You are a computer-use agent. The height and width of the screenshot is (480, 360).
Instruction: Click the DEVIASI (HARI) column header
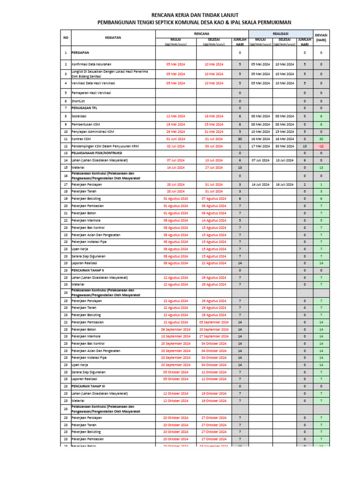tap(321, 38)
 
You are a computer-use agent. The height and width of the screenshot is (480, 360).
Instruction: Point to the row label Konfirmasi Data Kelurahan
tap(92, 64)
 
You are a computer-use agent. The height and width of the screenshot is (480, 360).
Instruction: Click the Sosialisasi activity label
tap(79, 116)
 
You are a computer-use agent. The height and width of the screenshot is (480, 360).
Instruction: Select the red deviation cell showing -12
tap(321, 146)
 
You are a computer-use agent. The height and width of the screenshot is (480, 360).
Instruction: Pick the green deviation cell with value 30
tap(321, 139)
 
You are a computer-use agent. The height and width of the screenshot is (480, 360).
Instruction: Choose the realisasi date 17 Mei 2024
tap(260, 146)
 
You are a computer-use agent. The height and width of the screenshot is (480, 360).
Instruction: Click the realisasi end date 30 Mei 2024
tap(284, 146)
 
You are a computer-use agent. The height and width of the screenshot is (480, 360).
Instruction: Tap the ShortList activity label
tap(78, 101)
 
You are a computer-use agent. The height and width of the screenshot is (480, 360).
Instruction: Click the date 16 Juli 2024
tap(284, 185)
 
